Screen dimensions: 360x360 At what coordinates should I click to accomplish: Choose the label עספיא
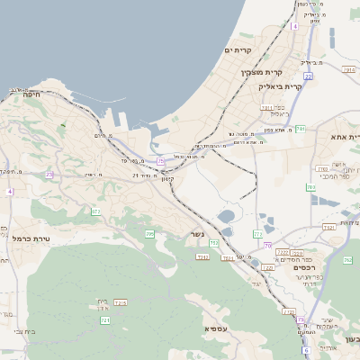(215, 328)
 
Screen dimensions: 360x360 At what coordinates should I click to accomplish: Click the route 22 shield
(308, 77)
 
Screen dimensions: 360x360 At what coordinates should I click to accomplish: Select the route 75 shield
(160, 161)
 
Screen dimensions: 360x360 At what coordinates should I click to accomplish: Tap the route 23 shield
(49, 175)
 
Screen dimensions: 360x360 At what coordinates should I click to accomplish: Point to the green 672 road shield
(95, 211)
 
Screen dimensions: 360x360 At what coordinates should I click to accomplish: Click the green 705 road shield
(149, 234)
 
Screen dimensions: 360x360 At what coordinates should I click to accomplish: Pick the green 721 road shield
(105, 319)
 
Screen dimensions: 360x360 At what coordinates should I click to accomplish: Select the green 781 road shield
(301, 130)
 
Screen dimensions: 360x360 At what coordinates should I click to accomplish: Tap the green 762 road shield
(347, 260)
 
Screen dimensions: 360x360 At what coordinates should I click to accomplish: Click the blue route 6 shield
(306, 350)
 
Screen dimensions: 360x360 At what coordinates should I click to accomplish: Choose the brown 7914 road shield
(228, 258)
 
